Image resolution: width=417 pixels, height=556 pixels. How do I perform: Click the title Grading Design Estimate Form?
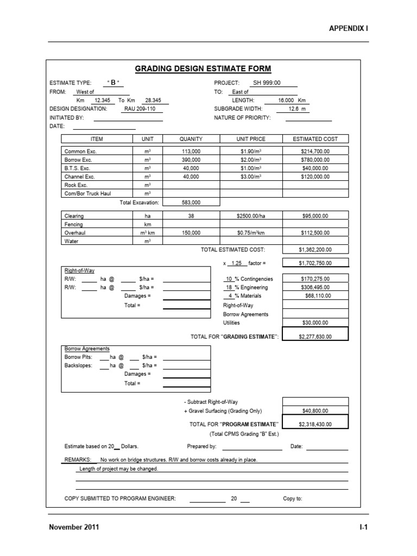(203, 68)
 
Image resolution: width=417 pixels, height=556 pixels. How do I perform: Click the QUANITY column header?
(191, 139)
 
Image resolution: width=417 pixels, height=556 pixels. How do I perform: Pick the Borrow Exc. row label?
(78, 160)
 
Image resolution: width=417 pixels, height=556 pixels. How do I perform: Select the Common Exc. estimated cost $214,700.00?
(315, 151)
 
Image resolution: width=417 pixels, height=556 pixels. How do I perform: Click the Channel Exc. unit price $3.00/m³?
(251, 176)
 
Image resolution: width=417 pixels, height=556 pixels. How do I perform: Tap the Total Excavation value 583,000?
(191, 203)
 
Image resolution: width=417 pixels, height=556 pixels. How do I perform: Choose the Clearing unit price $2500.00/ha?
(251, 216)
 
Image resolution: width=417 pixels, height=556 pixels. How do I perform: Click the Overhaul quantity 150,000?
(191, 233)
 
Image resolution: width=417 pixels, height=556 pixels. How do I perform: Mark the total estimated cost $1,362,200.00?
(315, 250)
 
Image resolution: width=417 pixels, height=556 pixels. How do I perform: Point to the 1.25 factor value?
(236, 263)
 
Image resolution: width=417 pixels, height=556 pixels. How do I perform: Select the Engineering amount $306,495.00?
(315, 287)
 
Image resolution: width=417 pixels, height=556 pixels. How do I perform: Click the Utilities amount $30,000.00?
(315, 323)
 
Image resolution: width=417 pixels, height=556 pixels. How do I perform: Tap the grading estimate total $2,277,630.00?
(315, 337)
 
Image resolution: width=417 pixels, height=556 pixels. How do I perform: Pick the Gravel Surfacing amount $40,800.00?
(315, 411)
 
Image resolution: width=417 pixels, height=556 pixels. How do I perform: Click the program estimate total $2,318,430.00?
(315, 424)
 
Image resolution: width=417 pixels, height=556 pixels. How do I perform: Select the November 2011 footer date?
(74, 527)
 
